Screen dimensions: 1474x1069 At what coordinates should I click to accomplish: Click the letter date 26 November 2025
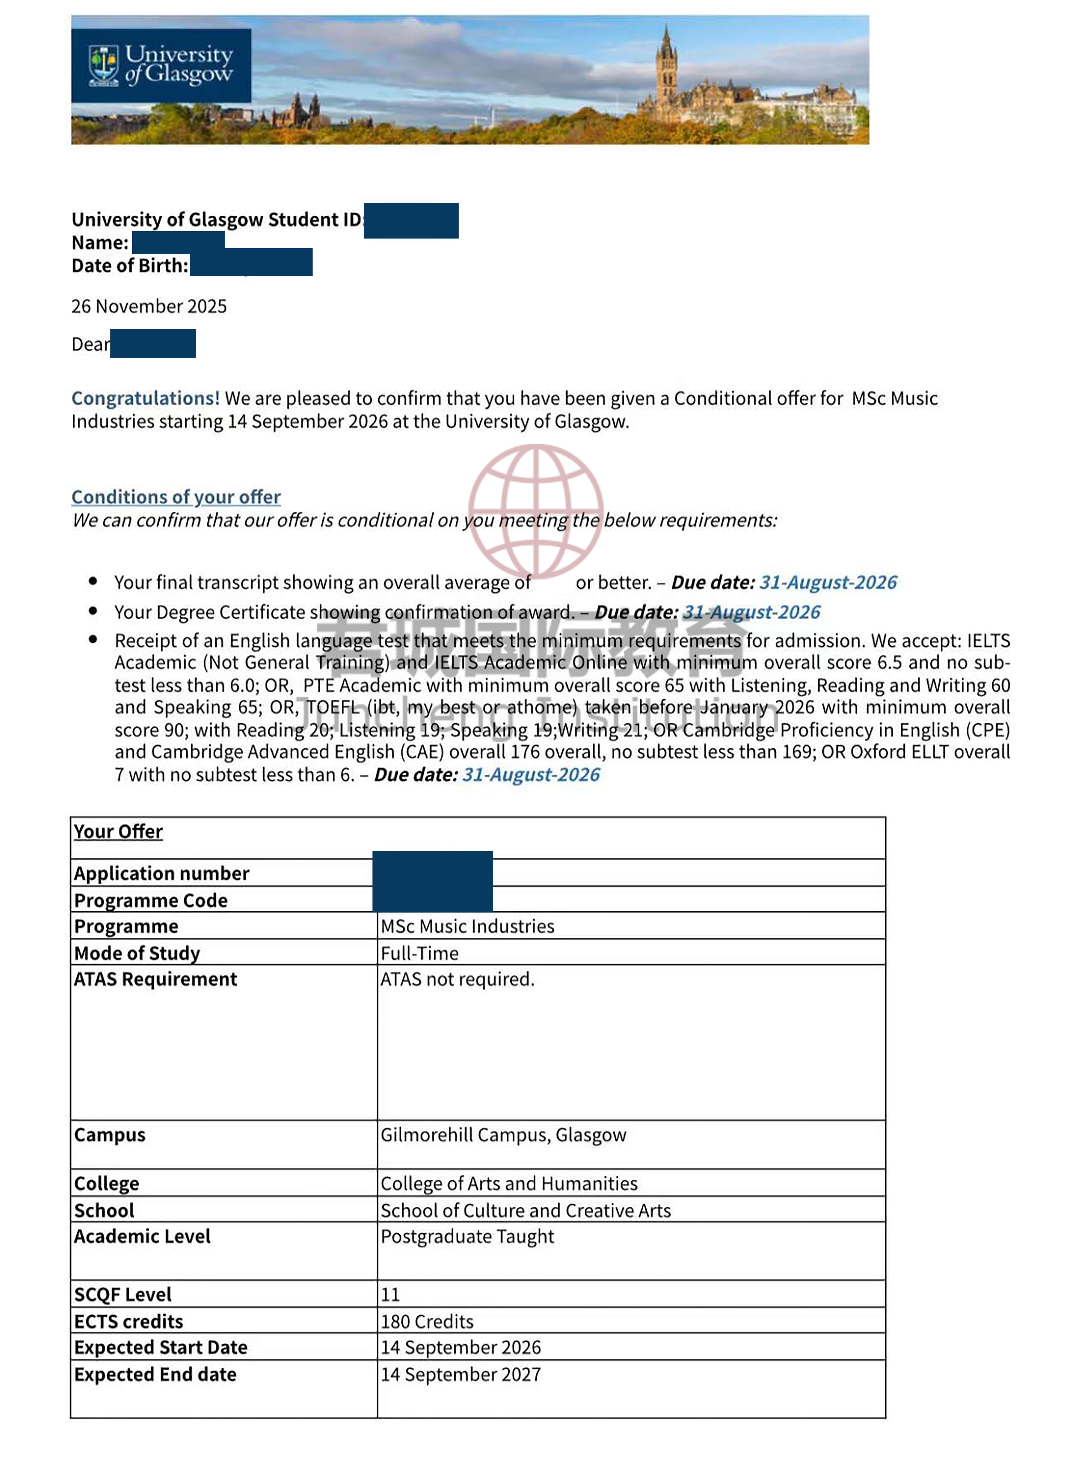(149, 306)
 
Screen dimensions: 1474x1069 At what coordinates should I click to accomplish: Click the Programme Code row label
(151, 900)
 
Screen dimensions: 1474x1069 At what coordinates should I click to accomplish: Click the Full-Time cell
(420, 953)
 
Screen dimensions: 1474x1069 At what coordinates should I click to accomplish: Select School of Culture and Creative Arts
(525, 1210)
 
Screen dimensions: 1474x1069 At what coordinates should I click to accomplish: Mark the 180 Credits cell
(427, 1321)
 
